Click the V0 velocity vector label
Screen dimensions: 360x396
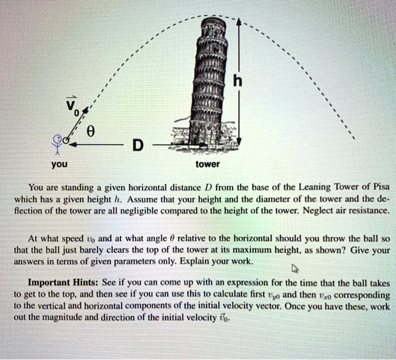coord(71,103)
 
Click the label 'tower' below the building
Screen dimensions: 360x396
coord(207,164)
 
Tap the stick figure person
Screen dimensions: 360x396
coord(57,144)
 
